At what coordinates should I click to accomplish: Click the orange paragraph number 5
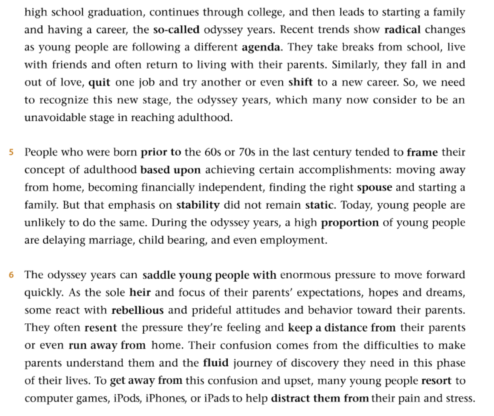tap(11, 152)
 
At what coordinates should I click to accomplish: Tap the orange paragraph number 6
tap(11, 275)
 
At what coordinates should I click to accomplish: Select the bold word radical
tap(402, 29)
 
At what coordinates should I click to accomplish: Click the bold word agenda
tap(261, 47)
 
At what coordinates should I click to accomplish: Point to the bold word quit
tap(99, 83)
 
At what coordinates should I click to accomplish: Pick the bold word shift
tap(300, 83)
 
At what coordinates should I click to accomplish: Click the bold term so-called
tap(176, 29)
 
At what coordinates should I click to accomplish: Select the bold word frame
tap(422, 152)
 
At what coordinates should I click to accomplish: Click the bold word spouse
tap(374, 188)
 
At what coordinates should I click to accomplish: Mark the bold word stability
tap(198, 205)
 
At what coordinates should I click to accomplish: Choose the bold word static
tap(319, 205)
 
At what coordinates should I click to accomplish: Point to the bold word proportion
tap(350, 223)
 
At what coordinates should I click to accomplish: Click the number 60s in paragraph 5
tap(213, 152)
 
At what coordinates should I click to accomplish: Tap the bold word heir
tap(140, 292)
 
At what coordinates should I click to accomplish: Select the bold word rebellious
tap(138, 310)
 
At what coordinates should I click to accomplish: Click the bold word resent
tap(101, 328)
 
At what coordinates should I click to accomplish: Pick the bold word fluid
tap(216, 363)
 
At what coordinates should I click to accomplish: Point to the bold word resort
tap(436, 381)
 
